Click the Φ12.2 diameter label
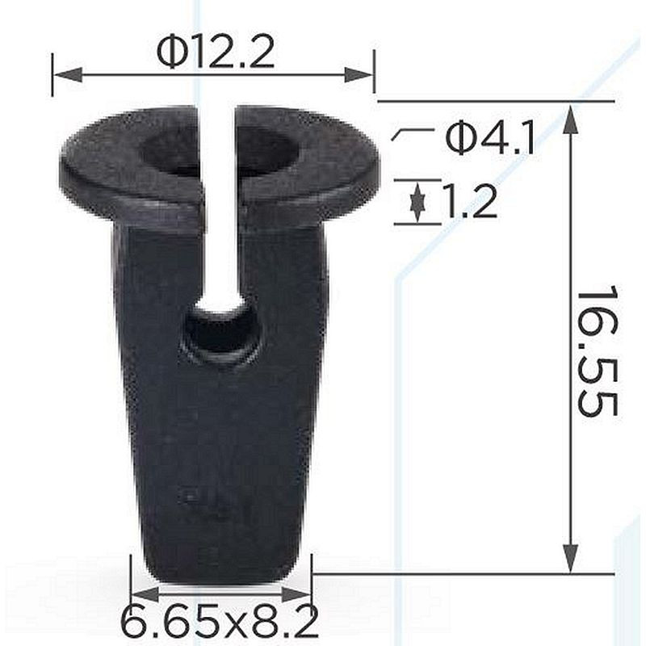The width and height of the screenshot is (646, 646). pyautogui.click(x=216, y=52)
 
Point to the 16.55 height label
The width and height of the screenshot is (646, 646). pyautogui.click(x=597, y=350)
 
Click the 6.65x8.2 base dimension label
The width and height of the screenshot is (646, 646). pyautogui.click(x=220, y=621)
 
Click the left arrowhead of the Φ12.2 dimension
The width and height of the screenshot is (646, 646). pyautogui.click(x=68, y=75)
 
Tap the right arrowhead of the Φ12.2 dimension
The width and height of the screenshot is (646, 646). pyautogui.click(x=359, y=75)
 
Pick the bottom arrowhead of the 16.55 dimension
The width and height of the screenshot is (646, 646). pyautogui.click(x=570, y=558)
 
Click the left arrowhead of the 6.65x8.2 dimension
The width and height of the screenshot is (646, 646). pyautogui.click(x=145, y=594)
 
